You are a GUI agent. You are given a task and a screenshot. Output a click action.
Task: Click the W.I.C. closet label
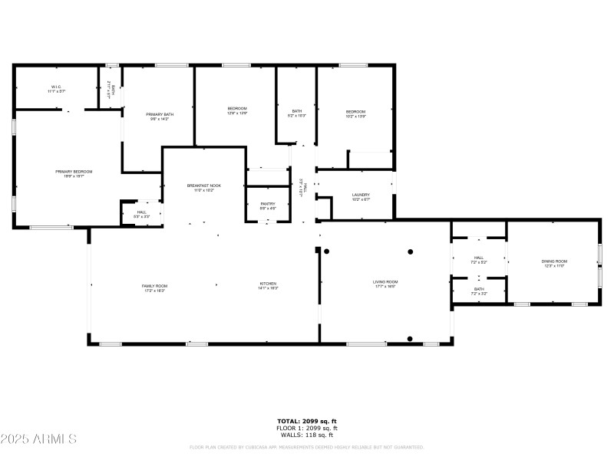point(56,87)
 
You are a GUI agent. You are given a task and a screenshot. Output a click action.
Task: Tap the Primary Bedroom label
point(68,172)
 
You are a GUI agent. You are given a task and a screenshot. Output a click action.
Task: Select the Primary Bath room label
point(160,114)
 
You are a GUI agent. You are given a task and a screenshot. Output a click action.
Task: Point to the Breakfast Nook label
point(204,186)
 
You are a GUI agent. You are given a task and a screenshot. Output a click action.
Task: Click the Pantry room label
point(267,204)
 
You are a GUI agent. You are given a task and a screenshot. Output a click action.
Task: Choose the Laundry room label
point(361,195)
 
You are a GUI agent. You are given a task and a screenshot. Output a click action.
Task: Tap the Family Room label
point(154,286)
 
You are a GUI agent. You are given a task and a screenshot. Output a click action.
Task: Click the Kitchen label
point(267,284)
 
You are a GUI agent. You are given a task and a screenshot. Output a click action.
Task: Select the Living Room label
point(385,282)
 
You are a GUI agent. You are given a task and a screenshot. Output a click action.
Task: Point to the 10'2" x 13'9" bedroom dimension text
point(355,117)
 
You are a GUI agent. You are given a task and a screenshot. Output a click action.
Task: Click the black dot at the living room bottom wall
point(410,339)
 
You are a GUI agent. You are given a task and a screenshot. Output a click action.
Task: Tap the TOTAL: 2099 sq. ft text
point(307,421)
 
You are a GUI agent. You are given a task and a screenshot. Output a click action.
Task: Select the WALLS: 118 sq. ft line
point(307,434)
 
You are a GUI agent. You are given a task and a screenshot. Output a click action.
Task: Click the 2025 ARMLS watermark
point(38,439)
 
